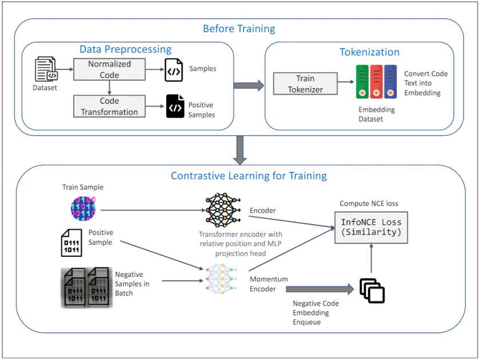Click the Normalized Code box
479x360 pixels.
109,69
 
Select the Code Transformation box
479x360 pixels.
109,107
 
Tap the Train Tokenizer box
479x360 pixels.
305,84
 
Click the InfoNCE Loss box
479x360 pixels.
371,227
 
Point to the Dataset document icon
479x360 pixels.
46,69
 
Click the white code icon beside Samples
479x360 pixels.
174,70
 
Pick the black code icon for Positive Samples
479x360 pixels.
175,106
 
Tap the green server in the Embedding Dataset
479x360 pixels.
362,81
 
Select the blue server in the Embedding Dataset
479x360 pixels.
390,81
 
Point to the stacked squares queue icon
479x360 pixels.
372,291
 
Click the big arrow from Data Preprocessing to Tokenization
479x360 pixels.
249,86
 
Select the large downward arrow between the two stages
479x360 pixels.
239,150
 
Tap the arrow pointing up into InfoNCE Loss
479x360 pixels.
371,257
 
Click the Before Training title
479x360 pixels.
239,29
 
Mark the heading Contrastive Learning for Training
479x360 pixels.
249,175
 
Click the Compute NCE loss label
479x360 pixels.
369,204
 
